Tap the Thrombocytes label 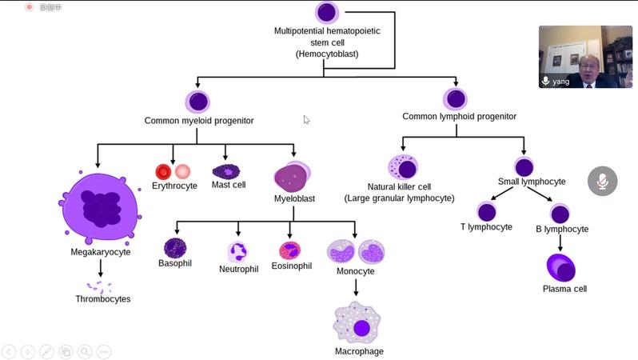coord(102,299)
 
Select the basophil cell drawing coord(174,248)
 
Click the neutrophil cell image coord(237,252)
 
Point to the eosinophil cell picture coord(289,250)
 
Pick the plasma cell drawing coord(560,268)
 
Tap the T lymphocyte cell coord(486,212)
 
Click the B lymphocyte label coord(561,229)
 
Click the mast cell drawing coord(225,171)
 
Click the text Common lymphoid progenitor coord(459,117)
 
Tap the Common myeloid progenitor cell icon coord(198,102)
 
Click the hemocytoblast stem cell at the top coord(326,13)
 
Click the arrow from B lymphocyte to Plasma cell coord(560,243)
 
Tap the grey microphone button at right coord(602,182)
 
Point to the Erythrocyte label coord(174,186)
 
